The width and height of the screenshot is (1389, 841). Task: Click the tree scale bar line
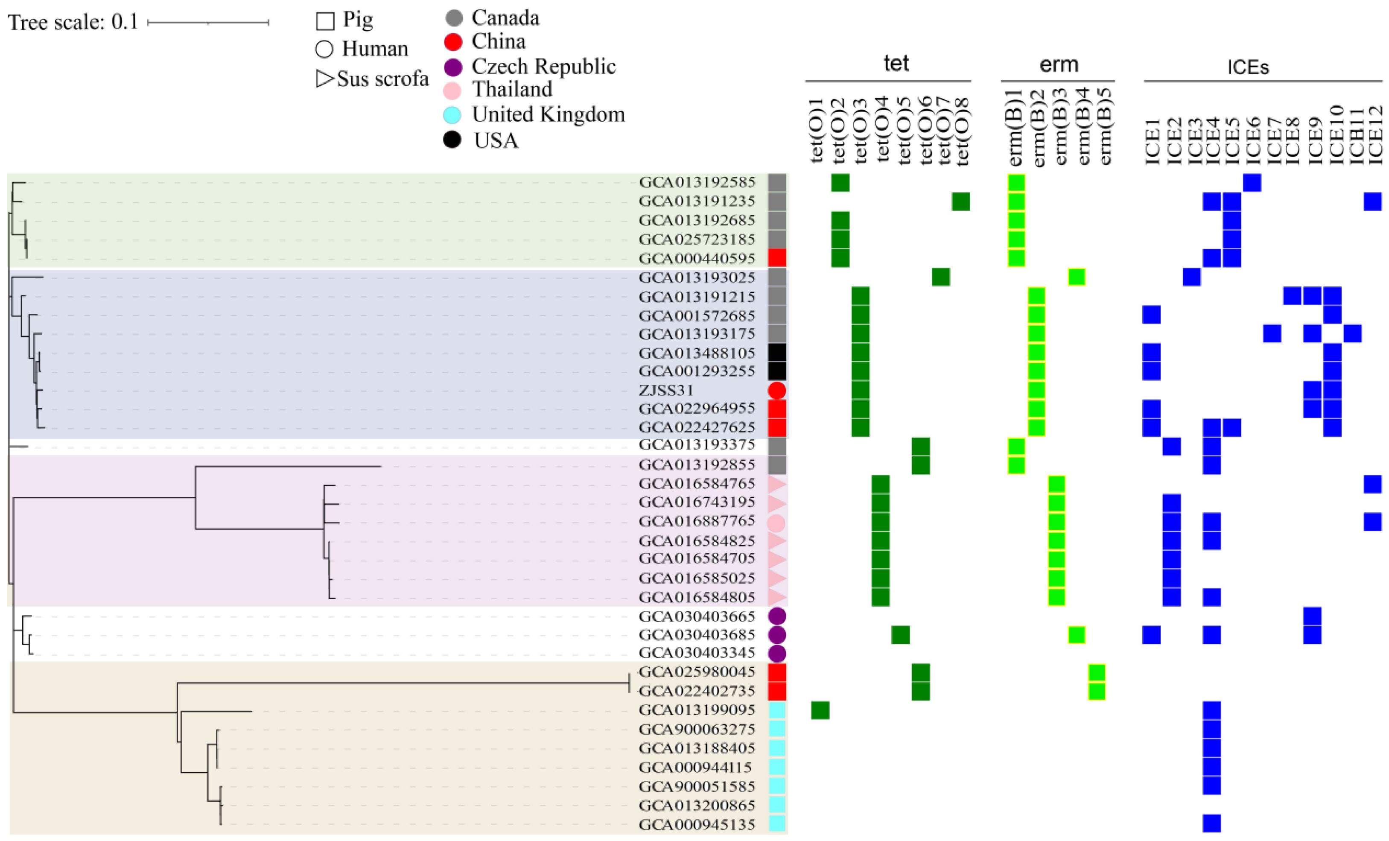pos(207,23)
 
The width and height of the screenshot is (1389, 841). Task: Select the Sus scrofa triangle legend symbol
pos(324,79)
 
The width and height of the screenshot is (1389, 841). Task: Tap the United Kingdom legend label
pos(548,114)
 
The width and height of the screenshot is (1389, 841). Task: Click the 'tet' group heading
pos(896,63)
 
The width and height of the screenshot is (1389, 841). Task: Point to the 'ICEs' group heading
pos(1248,67)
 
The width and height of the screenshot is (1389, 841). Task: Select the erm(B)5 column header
pos(1105,126)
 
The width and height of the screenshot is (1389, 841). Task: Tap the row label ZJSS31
pos(666,390)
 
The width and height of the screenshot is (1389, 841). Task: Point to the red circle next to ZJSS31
pos(777,391)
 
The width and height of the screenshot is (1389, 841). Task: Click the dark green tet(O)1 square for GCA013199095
pos(820,710)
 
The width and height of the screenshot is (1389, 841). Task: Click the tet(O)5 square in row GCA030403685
pos(900,635)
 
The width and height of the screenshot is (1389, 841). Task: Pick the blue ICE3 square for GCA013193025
pos(1191,277)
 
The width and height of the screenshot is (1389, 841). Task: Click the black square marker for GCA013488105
pos(777,353)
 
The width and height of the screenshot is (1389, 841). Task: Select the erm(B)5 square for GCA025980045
pos(1097,672)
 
